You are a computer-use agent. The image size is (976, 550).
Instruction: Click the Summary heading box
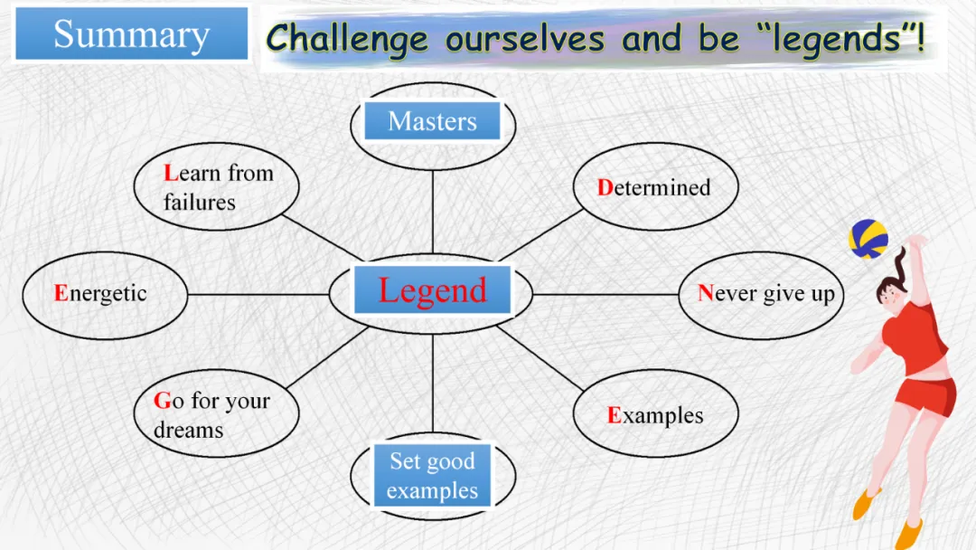point(131,34)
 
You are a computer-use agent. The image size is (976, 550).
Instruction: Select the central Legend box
point(432,290)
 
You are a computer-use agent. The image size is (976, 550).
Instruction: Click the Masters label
point(432,121)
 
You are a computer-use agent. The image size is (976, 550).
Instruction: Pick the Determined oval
point(655,187)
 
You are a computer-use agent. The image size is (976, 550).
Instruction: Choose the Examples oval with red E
point(655,415)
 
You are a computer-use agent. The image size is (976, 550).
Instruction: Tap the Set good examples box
point(432,476)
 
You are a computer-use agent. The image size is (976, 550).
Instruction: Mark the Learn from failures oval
point(217,187)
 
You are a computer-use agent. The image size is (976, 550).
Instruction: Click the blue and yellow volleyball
point(868,239)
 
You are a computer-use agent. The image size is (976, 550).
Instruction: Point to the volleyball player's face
point(889,295)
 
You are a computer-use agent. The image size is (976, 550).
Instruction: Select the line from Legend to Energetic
point(258,294)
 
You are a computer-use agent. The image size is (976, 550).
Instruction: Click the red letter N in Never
point(706,294)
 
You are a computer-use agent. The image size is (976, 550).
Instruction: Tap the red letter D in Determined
point(605,187)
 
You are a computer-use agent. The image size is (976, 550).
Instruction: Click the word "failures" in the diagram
point(199,203)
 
